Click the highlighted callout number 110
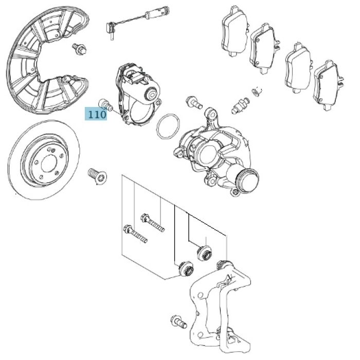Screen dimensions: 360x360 (x=96, y=114)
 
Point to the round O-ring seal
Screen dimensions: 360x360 (x=167, y=127)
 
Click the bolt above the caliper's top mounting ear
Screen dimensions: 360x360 (x=194, y=101)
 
